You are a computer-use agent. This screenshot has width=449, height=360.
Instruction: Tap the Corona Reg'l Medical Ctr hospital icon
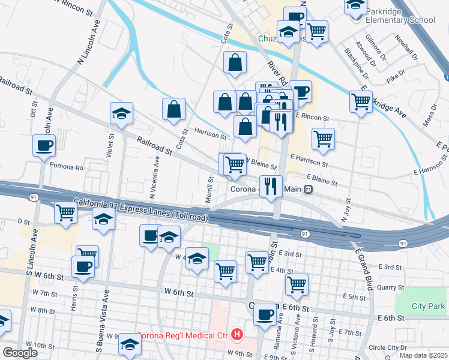coord(238,334)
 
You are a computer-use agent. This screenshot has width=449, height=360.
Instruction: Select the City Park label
coord(428,306)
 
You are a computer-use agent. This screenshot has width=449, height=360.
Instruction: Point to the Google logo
coord(20,353)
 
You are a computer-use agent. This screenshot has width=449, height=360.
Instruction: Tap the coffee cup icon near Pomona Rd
coord(44,146)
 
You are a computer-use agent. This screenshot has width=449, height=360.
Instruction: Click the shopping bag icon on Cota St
coord(173,109)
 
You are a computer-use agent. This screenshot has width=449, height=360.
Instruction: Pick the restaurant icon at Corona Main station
coord(271,186)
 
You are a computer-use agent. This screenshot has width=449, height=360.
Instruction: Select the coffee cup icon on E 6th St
coord(265,314)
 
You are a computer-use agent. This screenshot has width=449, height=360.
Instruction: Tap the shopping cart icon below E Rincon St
coord(323,139)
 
